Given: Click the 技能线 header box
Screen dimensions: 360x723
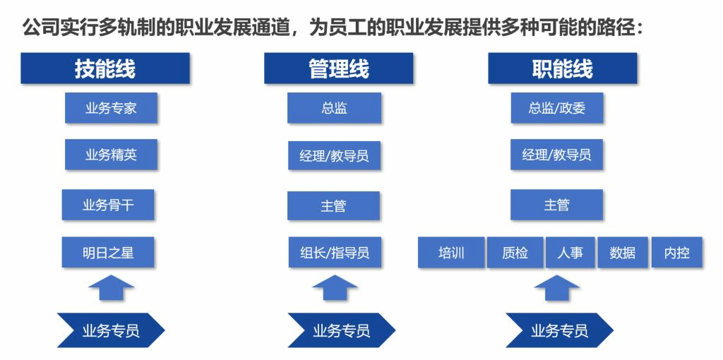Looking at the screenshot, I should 104,68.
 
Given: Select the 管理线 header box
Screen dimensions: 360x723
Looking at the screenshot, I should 338,68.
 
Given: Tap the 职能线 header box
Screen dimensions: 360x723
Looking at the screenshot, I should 562,68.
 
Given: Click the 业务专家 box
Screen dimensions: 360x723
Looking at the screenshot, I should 111,108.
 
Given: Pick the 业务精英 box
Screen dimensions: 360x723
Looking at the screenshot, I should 111,155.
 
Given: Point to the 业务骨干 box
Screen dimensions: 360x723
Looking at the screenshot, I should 108,205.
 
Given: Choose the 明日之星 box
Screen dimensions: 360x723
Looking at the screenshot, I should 108,252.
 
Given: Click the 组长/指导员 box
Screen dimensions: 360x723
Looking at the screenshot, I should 334,252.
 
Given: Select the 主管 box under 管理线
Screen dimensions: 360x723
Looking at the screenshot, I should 333,205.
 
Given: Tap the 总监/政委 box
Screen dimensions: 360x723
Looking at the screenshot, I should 557,108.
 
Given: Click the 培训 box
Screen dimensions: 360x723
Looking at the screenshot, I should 451,252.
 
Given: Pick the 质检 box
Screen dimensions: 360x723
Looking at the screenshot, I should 515,252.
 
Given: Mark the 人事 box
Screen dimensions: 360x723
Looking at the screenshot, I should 570,252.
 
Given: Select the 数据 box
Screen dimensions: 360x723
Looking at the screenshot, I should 622,252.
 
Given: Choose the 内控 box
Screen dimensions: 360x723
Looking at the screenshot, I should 676,252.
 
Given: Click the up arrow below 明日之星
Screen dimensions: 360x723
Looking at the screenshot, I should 111,287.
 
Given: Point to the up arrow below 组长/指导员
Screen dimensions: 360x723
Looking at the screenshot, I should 334,287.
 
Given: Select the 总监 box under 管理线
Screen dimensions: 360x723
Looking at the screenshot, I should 334,108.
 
